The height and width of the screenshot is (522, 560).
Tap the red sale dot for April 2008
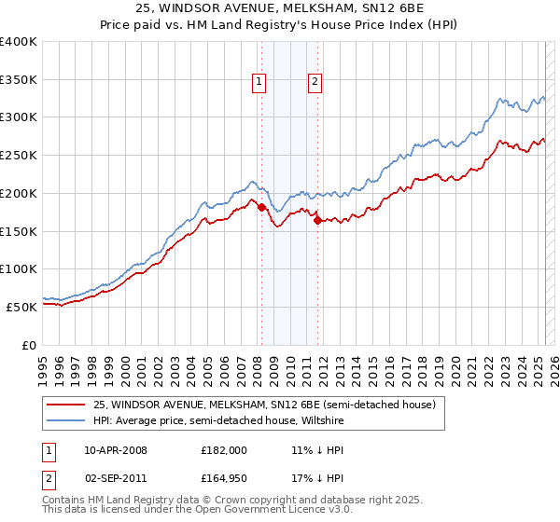coord(261,207)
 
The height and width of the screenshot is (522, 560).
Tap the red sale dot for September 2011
coord(318,220)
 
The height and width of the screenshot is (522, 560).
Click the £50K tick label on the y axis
coord(21,307)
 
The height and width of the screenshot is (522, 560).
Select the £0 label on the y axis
coord(29,345)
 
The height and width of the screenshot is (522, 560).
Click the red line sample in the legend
coord(64,405)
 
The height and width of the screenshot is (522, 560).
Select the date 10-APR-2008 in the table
coord(116,449)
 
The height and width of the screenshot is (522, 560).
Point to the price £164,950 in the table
coord(224,481)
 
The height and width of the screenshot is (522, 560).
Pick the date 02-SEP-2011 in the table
coord(116,481)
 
